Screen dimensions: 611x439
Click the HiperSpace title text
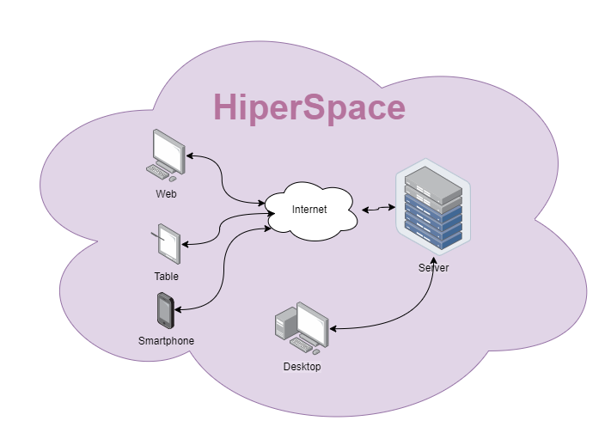tap(309, 107)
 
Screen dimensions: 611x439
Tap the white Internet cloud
tap(310, 211)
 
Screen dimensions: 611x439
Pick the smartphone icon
tap(166, 311)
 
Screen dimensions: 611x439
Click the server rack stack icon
tap(433, 207)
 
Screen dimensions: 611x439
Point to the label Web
tap(166, 194)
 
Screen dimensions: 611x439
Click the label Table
tap(167, 277)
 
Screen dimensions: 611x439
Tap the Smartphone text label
tap(166, 341)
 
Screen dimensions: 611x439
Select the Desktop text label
tap(302, 367)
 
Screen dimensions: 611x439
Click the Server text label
tap(433, 268)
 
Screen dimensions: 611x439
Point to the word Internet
tap(309, 210)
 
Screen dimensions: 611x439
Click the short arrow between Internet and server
tap(378, 209)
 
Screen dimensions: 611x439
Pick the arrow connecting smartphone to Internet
tap(223, 269)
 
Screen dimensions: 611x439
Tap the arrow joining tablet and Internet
tap(219, 229)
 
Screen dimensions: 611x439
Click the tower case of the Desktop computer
tap(285, 322)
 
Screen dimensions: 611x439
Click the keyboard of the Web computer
tap(157, 172)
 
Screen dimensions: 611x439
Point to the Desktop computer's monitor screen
tap(313, 323)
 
